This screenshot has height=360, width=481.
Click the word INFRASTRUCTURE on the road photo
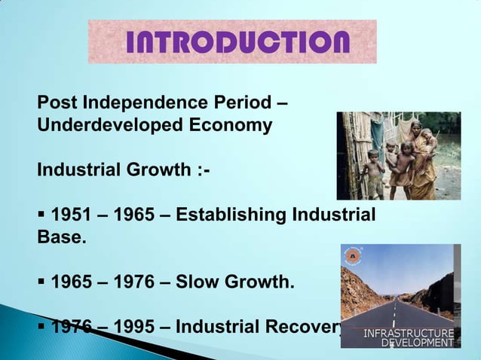(409, 333)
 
